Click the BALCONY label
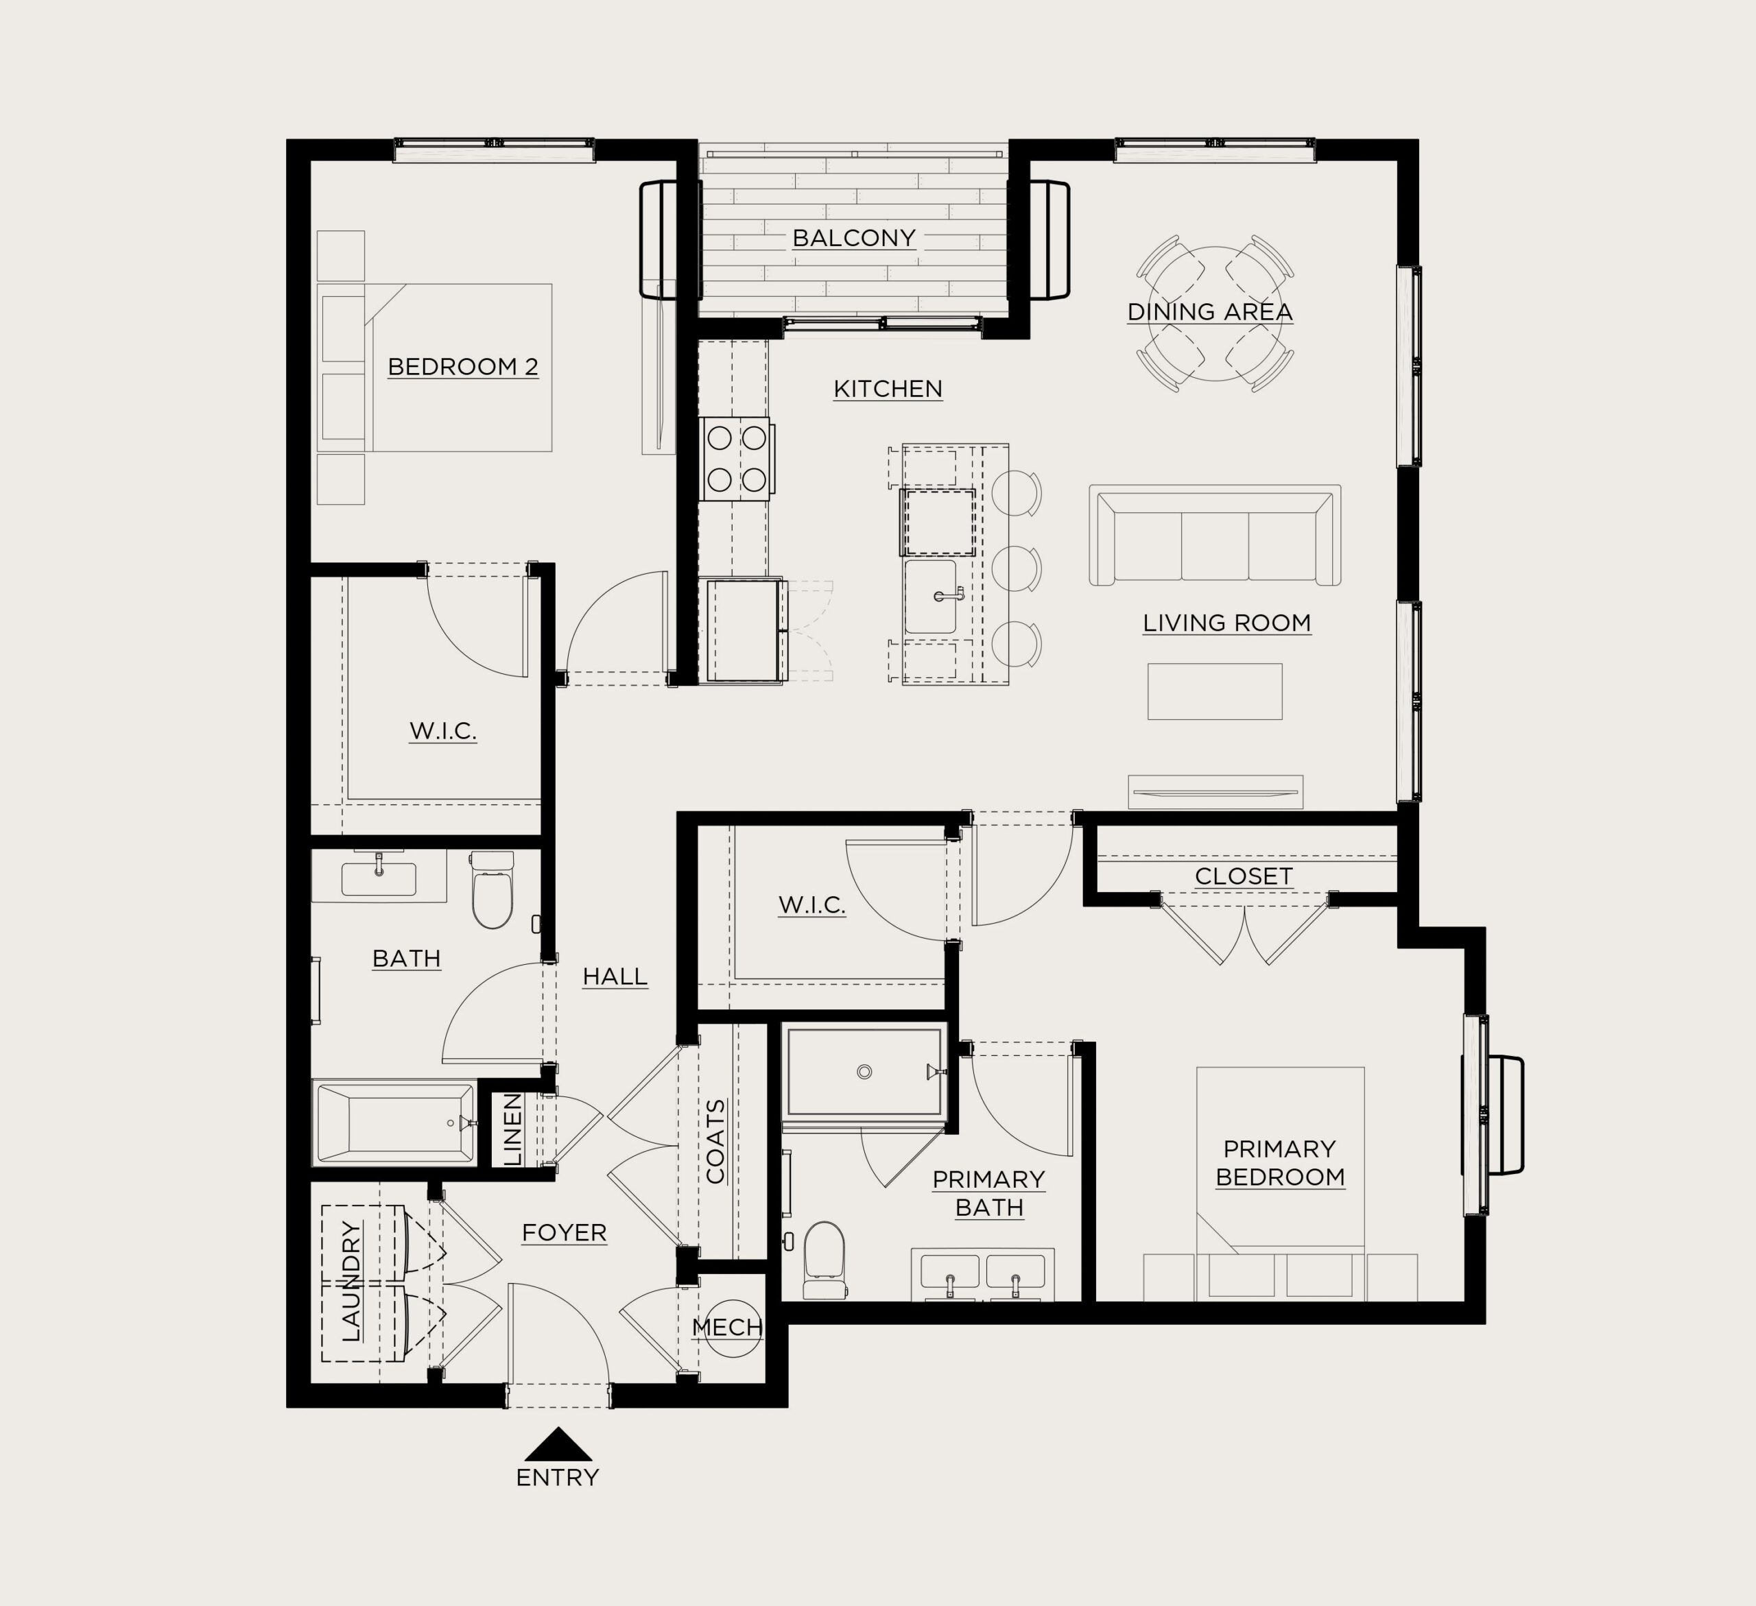tap(853, 238)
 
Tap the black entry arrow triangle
tap(558, 1444)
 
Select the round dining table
tap(1214, 314)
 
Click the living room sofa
tap(1215, 535)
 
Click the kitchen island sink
tap(931, 597)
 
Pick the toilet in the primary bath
tap(824, 1260)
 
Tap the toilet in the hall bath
tap(492, 889)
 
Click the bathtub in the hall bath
tap(396, 1123)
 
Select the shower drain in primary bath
tap(864, 1072)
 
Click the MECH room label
tap(727, 1328)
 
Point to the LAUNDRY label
tap(351, 1281)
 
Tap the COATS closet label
tap(716, 1141)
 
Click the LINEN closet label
tap(513, 1129)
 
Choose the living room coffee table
tap(1215, 691)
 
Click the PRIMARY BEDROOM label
tap(1281, 1163)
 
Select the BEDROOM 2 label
tap(464, 367)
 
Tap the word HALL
tap(615, 977)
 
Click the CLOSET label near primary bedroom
tap(1244, 876)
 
